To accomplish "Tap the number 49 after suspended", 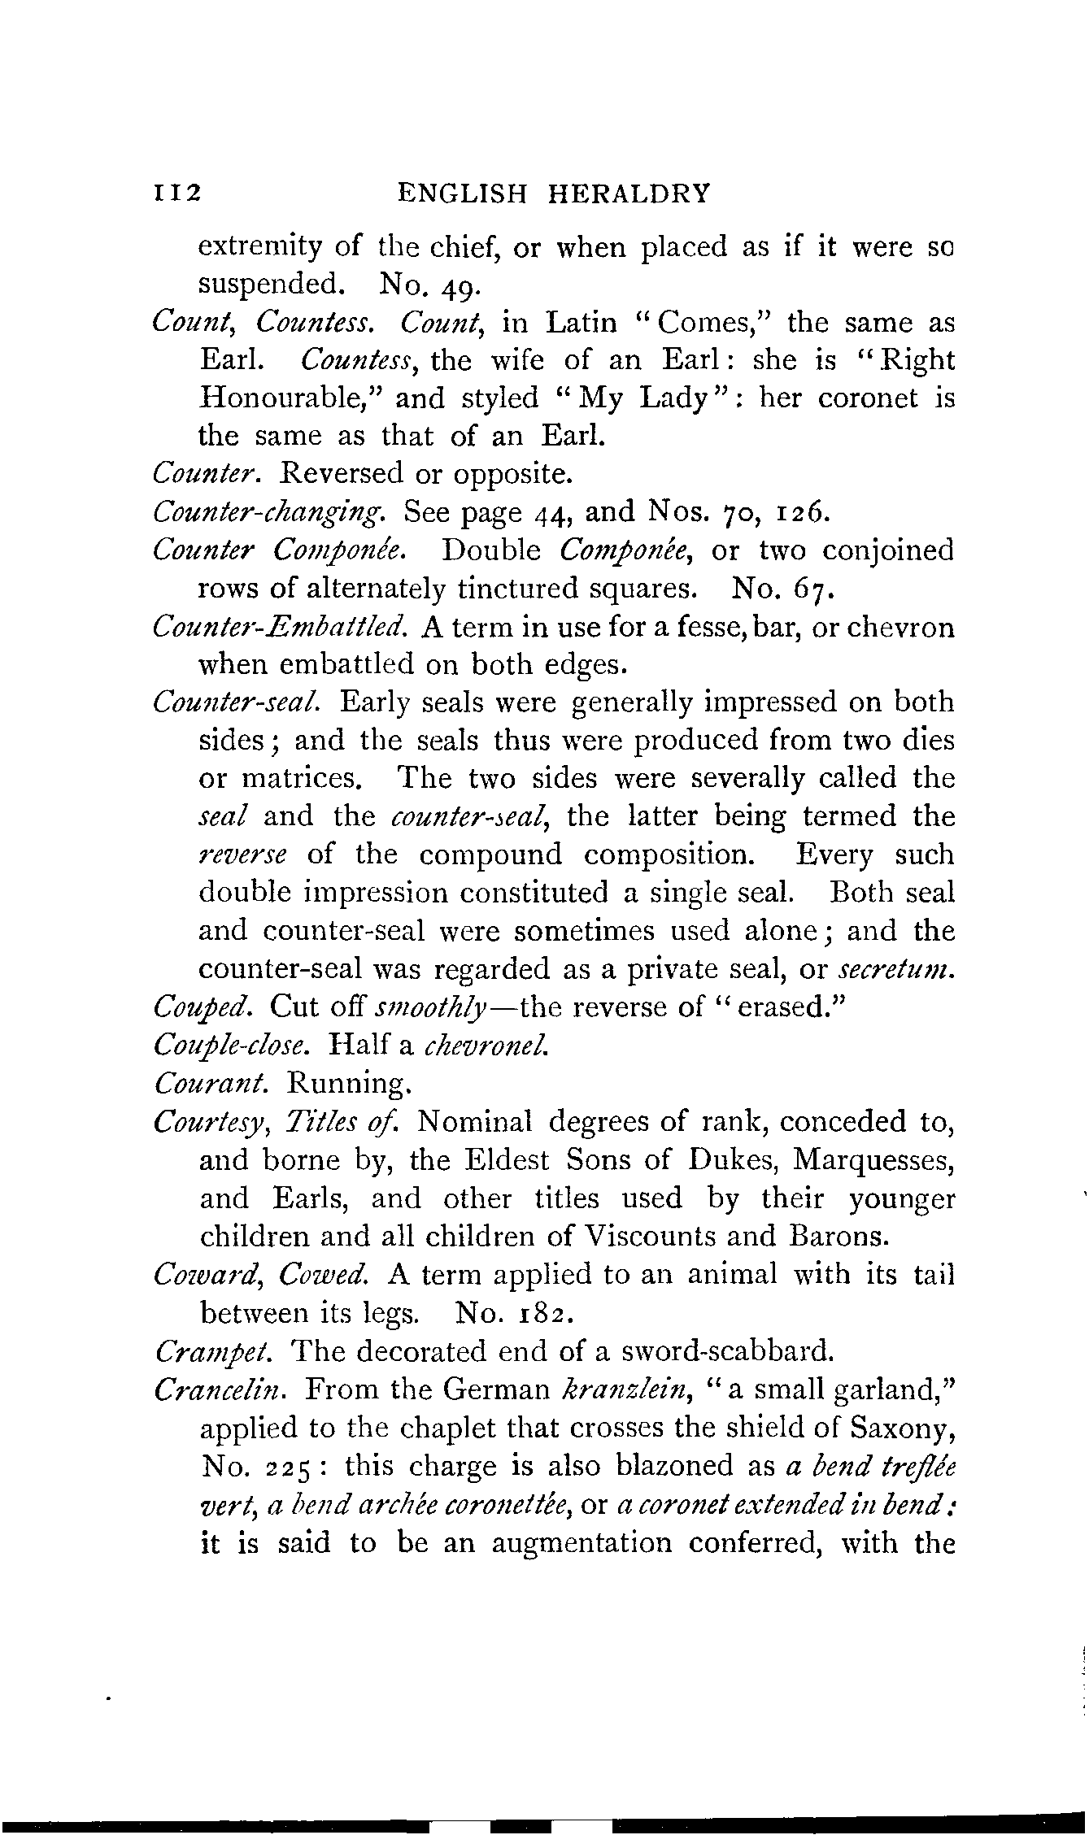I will (464, 285).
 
